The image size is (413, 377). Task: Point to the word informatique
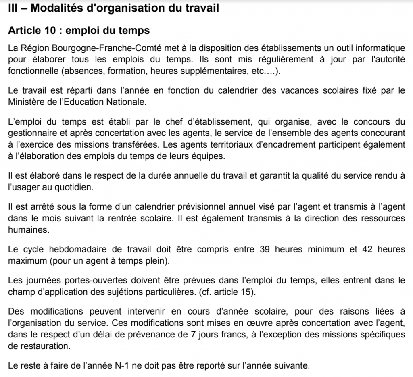(x=379, y=48)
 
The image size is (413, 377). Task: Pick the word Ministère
(x=27, y=102)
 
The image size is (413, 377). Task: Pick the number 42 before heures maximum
(x=363, y=249)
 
